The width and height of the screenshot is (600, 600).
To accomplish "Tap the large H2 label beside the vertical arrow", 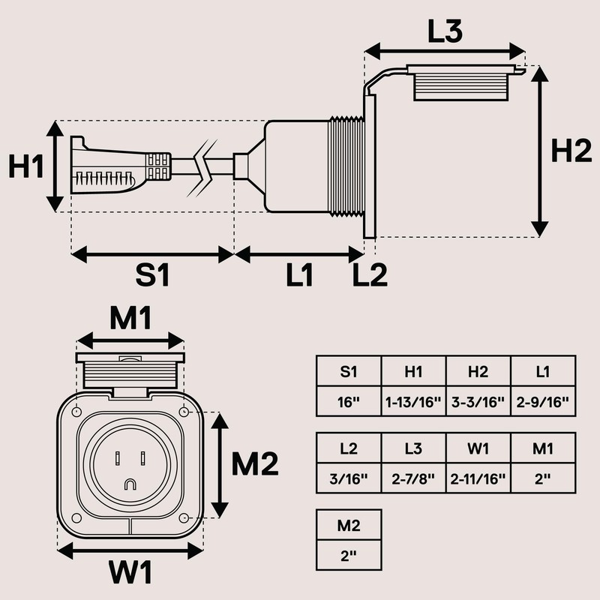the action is (571, 151).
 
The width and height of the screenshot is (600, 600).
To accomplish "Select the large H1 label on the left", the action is (25, 166).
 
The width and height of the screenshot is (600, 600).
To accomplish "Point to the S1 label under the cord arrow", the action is (152, 274).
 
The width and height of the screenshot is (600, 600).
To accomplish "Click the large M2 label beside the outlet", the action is (255, 463).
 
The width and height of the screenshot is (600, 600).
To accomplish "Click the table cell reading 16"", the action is (349, 402).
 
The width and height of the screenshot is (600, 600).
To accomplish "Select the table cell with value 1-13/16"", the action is (413, 402).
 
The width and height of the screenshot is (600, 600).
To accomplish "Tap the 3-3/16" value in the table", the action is (478, 402).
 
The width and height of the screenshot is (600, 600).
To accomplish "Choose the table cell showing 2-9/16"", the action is (542, 402).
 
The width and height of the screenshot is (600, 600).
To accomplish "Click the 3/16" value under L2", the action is (349, 478).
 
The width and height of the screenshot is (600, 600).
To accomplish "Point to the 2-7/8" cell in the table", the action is (413, 478).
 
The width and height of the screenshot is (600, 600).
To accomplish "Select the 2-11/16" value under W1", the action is (478, 478).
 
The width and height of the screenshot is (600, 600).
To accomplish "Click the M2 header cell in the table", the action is (349, 526).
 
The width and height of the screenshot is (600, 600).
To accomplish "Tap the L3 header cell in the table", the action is (413, 448).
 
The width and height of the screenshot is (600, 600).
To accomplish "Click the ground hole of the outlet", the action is (130, 484).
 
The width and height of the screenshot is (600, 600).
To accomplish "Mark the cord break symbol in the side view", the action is (202, 168).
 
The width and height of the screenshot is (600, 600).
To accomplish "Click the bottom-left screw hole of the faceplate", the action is (76, 518).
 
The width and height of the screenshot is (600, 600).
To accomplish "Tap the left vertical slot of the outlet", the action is (118, 458).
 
